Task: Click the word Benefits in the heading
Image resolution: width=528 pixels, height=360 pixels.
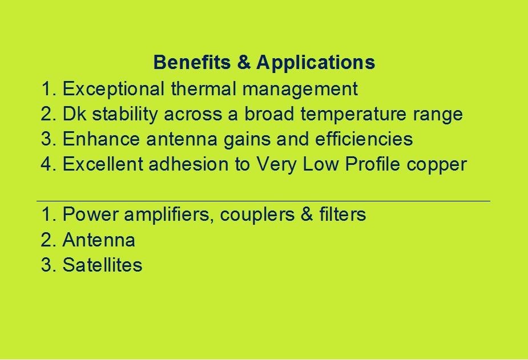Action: coord(192,62)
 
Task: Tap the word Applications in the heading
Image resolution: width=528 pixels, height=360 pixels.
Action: coord(316,63)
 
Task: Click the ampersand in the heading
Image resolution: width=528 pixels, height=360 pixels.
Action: coord(244,62)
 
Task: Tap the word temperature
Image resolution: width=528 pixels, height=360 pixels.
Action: coord(353,115)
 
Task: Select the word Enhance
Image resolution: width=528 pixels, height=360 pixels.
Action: coord(101,139)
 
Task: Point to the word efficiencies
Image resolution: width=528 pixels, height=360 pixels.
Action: coord(364,139)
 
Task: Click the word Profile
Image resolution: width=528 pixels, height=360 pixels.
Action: coord(372,164)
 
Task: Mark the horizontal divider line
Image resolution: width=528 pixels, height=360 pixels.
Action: coord(263,201)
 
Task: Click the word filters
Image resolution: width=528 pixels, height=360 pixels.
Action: coord(342,214)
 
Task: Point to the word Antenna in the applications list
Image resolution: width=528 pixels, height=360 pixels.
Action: coord(99,240)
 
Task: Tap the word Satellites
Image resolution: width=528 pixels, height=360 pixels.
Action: coord(102,265)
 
